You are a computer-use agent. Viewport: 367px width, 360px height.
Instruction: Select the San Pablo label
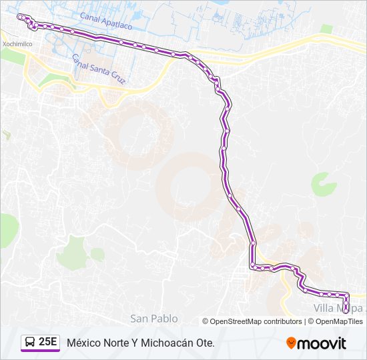154,319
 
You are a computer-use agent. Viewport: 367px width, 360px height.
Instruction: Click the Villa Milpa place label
339,308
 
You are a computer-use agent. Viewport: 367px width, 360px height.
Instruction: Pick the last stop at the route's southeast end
346,307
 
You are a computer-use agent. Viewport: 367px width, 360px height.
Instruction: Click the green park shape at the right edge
323,184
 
